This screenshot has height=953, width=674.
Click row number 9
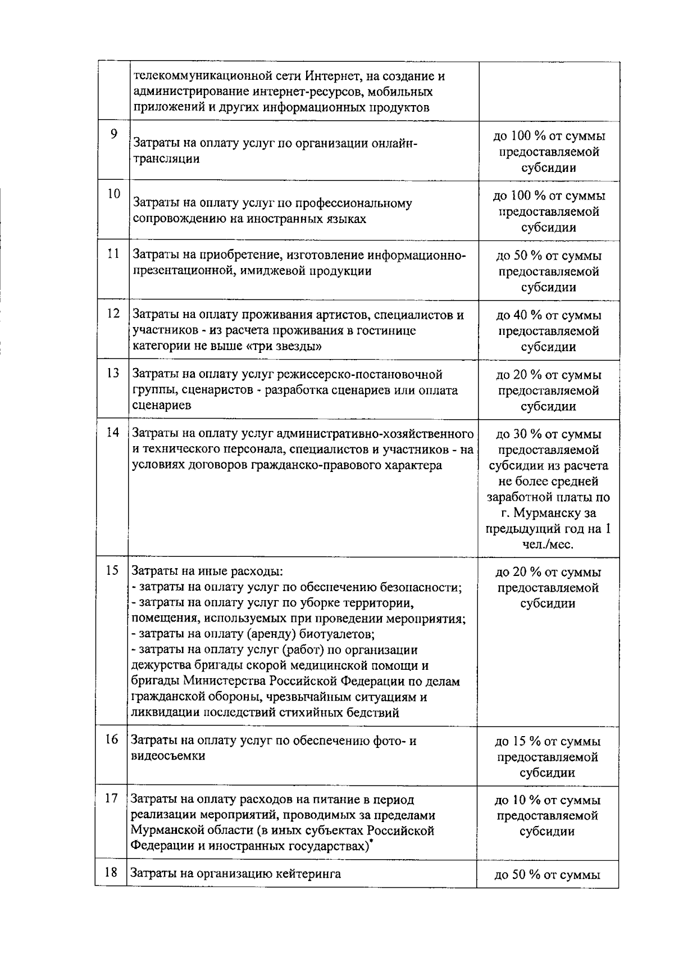tap(114, 134)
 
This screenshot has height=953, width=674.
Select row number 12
tap(113, 314)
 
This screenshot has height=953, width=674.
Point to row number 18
tap(112, 873)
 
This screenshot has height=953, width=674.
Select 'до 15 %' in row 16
tap(518, 742)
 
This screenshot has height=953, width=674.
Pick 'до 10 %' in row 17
tap(518, 800)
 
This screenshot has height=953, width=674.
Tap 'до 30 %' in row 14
tap(518, 434)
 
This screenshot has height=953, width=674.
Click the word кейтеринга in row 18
tap(307, 874)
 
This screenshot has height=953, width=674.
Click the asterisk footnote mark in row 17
tap(372, 842)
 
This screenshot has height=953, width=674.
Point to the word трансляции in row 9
tap(166, 159)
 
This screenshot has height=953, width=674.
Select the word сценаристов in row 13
tap(216, 391)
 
